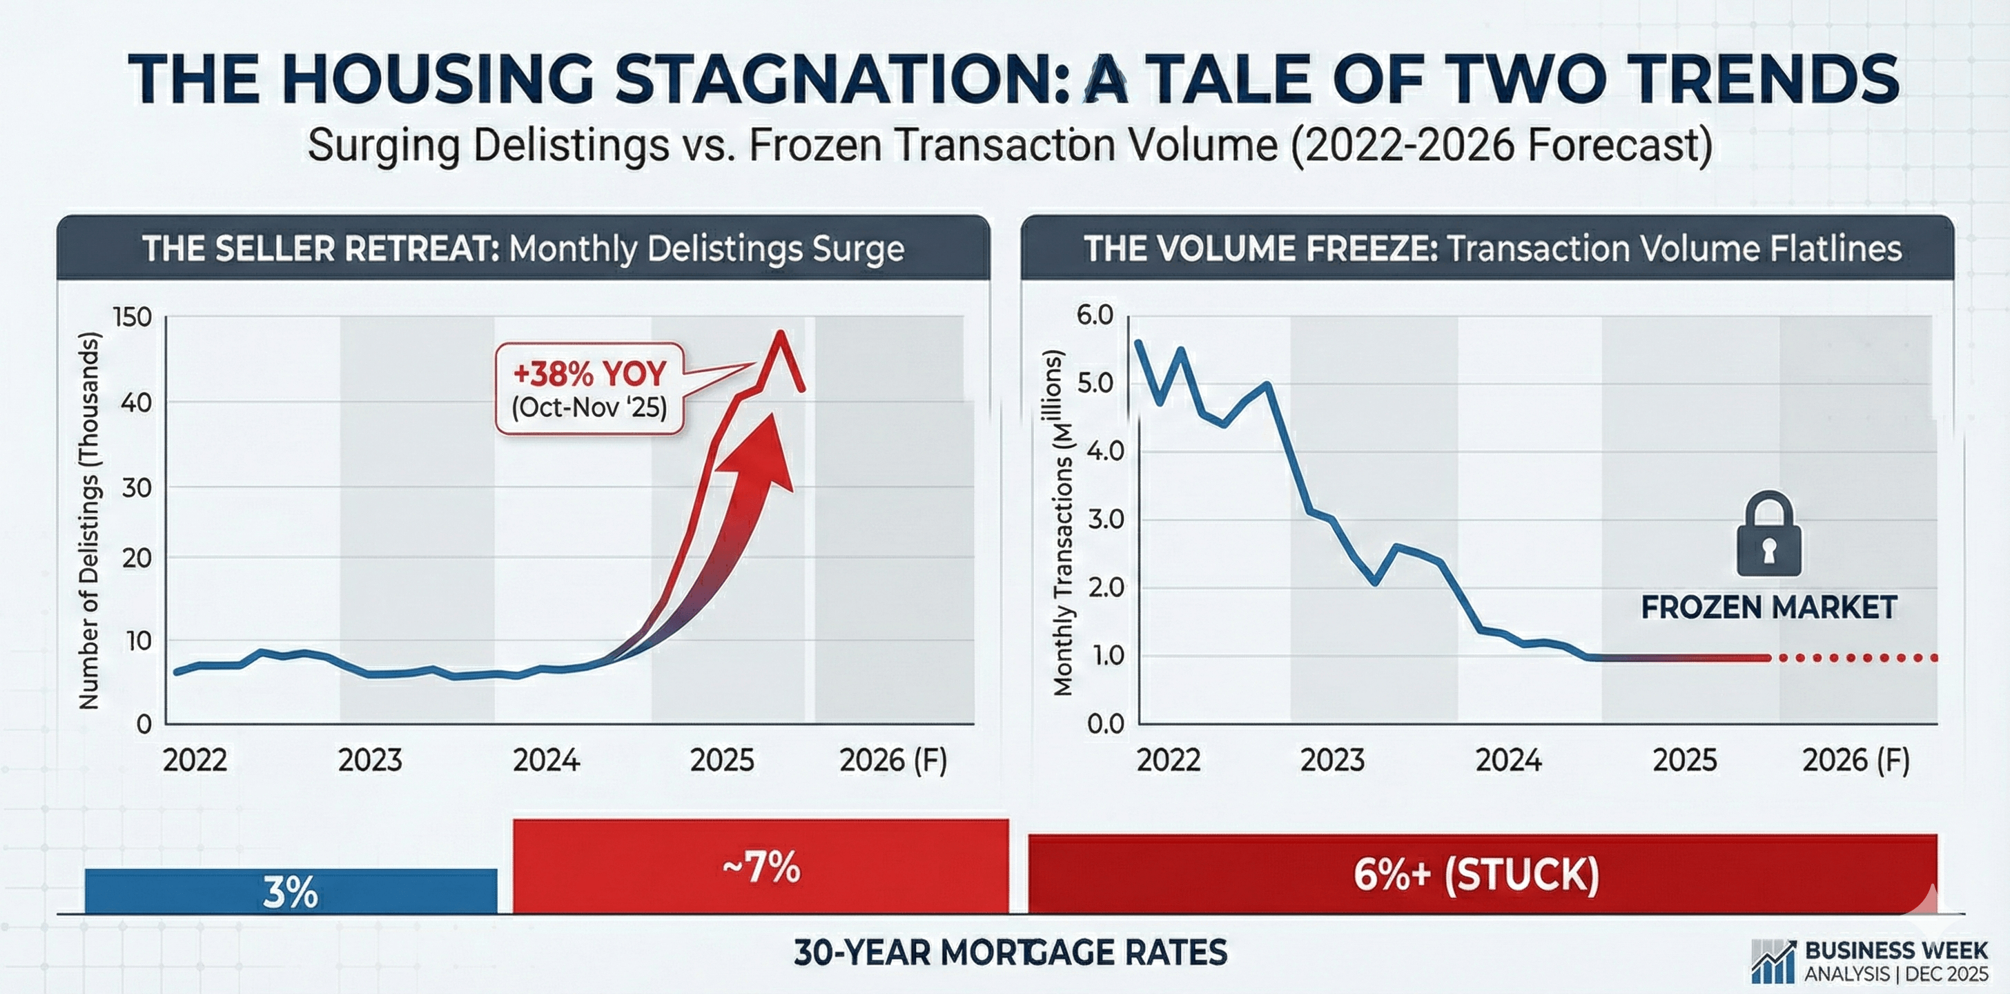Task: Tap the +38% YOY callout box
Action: click(x=590, y=389)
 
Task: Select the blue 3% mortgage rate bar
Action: click(x=291, y=891)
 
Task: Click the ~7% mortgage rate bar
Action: click(x=761, y=866)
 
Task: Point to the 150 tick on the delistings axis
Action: click(x=133, y=318)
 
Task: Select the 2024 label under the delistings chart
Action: click(x=546, y=760)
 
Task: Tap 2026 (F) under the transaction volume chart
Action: click(x=1855, y=760)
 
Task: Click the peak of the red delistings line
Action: click(x=779, y=334)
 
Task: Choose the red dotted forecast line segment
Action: click(x=1857, y=658)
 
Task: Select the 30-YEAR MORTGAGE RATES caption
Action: click(x=1011, y=953)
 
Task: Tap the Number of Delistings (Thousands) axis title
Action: click(x=90, y=520)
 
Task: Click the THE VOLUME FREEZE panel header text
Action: click(x=1492, y=249)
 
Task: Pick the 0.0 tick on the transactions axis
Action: click(x=1106, y=724)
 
